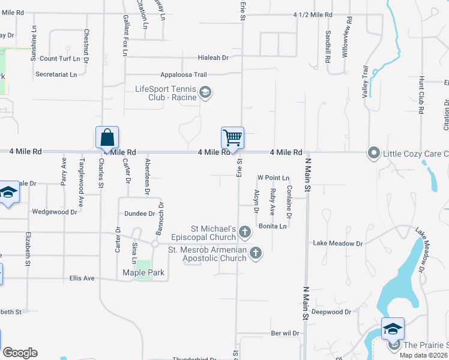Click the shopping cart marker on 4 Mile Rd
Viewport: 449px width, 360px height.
(232, 138)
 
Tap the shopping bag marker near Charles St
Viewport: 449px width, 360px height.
(107, 137)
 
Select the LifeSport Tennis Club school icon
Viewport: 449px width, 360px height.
(205, 92)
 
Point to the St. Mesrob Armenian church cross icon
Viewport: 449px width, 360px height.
(256, 253)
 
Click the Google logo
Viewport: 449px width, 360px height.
(20, 353)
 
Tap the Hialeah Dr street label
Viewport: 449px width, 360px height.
(214, 58)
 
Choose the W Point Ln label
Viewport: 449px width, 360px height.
(273, 178)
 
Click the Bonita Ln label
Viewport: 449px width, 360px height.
(273, 226)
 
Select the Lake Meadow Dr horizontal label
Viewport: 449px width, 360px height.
(339, 244)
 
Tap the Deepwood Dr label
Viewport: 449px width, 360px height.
(331, 312)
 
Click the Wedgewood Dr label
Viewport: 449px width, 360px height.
(55, 212)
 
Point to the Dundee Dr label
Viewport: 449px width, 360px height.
(139, 214)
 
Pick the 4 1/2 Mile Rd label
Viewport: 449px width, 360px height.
(313, 14)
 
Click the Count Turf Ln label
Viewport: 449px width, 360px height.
(60, 59)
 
